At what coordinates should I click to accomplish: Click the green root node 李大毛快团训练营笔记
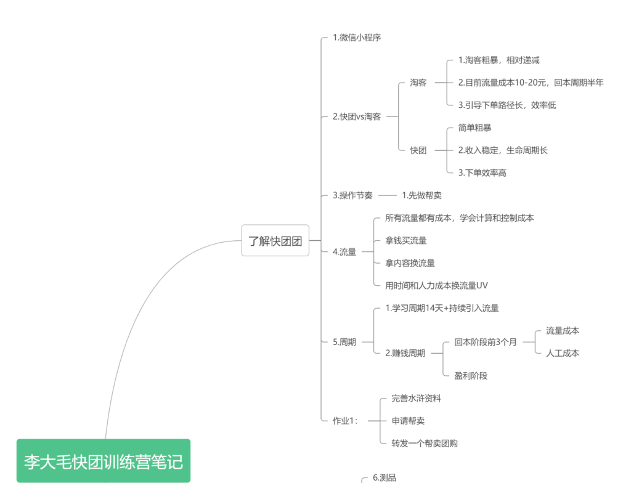point(104,461)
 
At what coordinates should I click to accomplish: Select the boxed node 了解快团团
point(275,241)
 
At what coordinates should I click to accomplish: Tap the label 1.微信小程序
point(357,38)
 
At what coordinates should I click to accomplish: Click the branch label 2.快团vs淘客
point(357,116)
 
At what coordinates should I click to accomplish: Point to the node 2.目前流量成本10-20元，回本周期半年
point(531,83)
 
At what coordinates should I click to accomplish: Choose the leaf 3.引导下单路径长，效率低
point(507,105)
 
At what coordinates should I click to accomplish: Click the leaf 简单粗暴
point(475,128)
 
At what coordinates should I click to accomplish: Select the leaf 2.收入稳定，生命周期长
point(503,150)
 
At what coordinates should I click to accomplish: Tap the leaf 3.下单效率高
point(482,173)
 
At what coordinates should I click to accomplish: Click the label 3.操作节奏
point(352,196)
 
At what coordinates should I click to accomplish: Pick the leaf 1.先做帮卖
point(421,196)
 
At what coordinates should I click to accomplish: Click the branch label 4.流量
point(344,252)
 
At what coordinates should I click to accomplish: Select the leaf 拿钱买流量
point(405,241)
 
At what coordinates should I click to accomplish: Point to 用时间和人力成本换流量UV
point(436,286)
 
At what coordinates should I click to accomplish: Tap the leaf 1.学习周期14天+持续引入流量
point(442,308)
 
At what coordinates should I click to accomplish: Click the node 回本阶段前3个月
point(486,342)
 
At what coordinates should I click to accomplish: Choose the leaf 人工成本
point(563,354)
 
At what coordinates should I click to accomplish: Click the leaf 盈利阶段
point(471,376)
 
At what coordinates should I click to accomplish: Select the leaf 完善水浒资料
point(416,399)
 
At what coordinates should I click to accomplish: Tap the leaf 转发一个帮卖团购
point(424,444)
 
